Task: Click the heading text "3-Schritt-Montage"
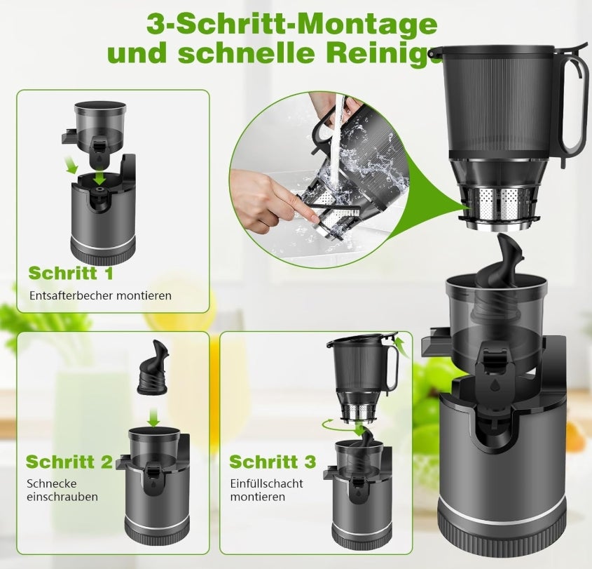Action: tap(292, 23)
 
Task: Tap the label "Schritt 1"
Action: tap(70, 272)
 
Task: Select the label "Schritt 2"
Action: tap(69, 462)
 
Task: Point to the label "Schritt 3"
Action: tap(272, 462)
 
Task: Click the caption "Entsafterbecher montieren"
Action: tap(100, 295)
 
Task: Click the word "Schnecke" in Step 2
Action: tap(51, 483)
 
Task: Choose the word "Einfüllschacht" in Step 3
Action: tap(266, 483)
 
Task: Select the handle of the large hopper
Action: tap(573, 98)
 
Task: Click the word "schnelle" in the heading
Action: tap(272, 53)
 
